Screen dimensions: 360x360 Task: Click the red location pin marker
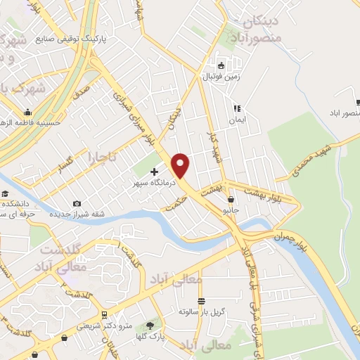coord(181,165)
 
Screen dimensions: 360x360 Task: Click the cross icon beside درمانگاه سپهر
coord(154,171)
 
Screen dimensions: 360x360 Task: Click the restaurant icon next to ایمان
coord(237,108)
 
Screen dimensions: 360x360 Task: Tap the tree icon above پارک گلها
coord(149,326)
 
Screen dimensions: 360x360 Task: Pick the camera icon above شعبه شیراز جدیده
coord(77,204)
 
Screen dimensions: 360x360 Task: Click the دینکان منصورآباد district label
coord(259,29)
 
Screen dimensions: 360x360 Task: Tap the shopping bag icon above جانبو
coord(231,200)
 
